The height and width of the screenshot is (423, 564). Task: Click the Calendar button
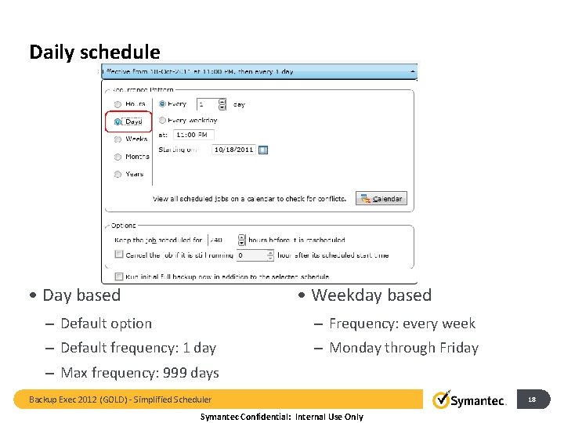coord(381,199)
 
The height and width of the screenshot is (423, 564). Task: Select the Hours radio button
coord(117,103)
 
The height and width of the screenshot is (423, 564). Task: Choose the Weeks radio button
coord(117,139)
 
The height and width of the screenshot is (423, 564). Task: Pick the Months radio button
coord(117,157)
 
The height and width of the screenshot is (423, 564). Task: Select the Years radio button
coord(117,174)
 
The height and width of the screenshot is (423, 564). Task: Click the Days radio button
coord(117,121)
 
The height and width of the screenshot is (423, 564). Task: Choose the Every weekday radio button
coord(162,121)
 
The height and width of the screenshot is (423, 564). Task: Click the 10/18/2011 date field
coord(233,150)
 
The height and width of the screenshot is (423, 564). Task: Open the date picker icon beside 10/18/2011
coord(263,150)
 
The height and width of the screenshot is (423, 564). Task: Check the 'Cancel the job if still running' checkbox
coord(118,255)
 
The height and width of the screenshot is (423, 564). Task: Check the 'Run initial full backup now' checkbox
coord(118,276)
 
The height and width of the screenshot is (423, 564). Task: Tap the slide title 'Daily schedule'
coord(94,52)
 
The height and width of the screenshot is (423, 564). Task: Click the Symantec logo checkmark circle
coord(442,399)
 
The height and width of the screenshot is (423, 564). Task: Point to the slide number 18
coord(532,399)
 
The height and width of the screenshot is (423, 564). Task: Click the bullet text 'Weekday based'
coord(371,295)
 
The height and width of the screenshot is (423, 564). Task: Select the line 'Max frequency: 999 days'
coord(139,373)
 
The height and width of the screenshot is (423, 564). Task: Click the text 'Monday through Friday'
coord(403,348)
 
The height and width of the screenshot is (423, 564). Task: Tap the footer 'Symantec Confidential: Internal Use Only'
coord(282,417)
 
